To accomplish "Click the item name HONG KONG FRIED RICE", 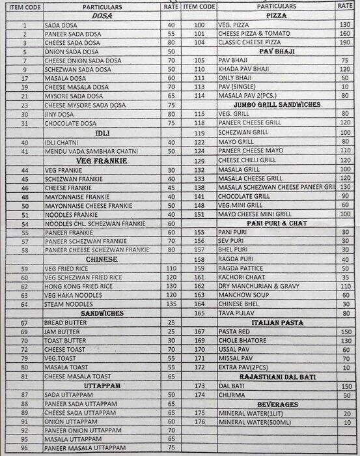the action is click(x=76, y=285).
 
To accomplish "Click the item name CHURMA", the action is click(x=230, y=394).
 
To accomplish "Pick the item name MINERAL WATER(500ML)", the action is click(x=251, y=421).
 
